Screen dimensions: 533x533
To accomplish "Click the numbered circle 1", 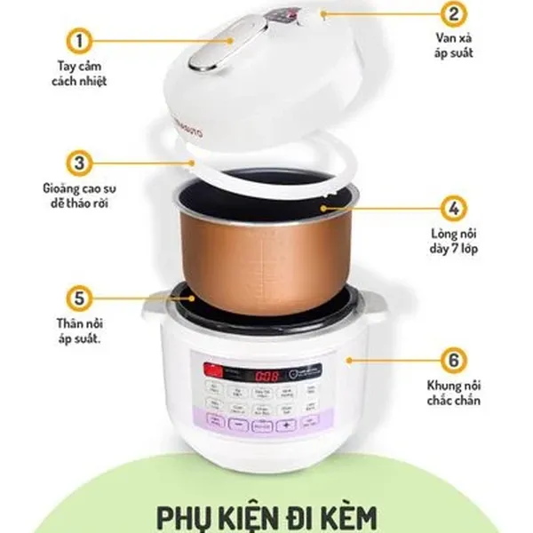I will click(x=80, y=41).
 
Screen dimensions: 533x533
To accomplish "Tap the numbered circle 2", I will click(x=453, y=14).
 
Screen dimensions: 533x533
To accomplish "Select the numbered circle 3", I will click(x=80, y=164).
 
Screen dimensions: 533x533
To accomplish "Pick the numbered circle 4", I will click(x=453, y=209).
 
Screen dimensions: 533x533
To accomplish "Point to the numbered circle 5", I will click(x=80, y=297).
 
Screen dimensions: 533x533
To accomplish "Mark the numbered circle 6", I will click(x=453, y=361).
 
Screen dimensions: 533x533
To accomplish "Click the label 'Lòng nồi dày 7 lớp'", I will click(x=453, y=241).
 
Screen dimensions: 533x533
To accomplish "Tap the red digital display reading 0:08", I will click(x=257, y=375).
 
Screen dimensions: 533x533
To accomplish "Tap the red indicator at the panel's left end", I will click(x=211, y=371).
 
